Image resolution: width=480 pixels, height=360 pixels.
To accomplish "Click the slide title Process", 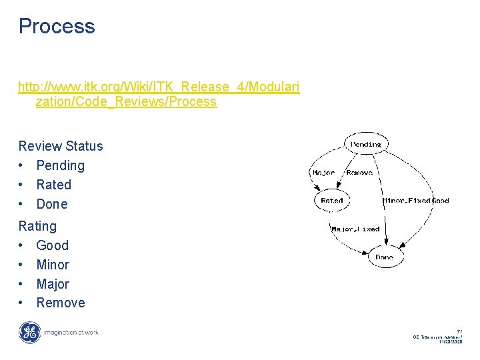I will tap(57, 27).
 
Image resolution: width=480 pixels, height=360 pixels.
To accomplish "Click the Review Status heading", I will tap(61, 146).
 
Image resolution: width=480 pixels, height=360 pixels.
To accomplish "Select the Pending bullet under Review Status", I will tap(60, 165).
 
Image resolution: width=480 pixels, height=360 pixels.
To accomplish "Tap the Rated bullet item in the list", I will tap(53, 185).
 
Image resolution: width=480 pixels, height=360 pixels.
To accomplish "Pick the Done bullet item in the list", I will tap(52, 204).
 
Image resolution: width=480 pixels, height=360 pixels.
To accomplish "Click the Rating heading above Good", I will tap(37, 226).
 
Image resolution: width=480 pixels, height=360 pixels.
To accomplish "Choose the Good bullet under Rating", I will tap(52, 245).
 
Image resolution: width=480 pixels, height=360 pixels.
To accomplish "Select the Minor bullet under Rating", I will tap(53, 265).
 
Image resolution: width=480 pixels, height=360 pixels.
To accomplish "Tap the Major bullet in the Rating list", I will tap(53, 284).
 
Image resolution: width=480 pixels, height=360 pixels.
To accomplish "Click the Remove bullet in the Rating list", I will tap(61, 303).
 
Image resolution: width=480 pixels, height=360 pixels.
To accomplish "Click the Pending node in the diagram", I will tap(366, 144).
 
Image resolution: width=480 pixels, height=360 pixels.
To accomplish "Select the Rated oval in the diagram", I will tap(331, 200).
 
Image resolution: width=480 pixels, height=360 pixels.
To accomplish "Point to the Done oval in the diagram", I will tap(385, 257).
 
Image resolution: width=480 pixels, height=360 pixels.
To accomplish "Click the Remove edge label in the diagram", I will tap(359, 173).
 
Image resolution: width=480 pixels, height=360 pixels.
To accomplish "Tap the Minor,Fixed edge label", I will tap(407, 200).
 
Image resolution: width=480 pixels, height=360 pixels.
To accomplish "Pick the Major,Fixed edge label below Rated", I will tap(355, 229).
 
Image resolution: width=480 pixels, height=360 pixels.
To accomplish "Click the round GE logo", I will tap(29, 332).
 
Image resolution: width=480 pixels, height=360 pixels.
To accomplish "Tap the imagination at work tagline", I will tap(71, 332).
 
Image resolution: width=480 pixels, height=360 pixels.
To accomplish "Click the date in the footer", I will tap(450, 341).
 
